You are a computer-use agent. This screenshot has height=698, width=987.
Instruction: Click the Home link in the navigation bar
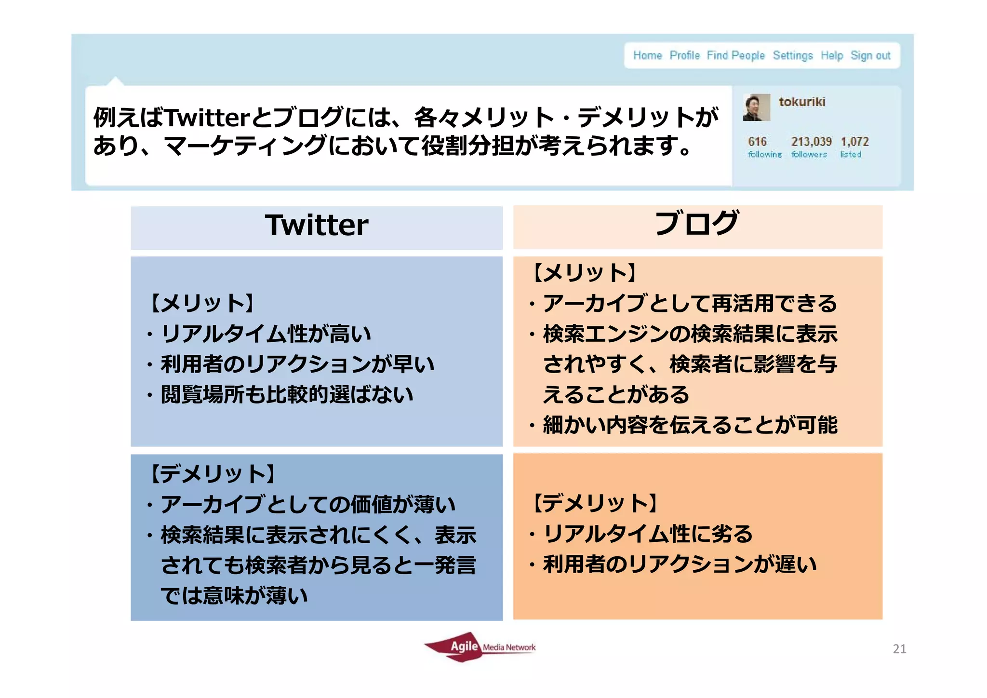647,55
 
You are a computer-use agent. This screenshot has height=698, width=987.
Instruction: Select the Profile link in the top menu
684,55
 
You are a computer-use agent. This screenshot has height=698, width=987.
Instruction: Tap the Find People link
735,55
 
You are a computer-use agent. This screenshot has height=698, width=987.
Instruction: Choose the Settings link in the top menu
792,55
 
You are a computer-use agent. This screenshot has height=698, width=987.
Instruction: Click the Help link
831,55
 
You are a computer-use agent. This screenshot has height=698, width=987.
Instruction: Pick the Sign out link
870,55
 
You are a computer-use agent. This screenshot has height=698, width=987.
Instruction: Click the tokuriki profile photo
756,107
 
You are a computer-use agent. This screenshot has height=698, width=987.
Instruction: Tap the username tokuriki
802,102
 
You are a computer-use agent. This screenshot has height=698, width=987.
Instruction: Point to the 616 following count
757,141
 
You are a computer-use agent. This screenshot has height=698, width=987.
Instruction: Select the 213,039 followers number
811,141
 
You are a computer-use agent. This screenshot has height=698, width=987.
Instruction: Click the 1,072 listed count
854,141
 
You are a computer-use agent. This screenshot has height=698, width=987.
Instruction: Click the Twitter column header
316,225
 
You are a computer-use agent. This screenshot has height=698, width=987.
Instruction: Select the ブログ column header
697,223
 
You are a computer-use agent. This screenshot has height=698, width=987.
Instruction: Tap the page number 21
899,649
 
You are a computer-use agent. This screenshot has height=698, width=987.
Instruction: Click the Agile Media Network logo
480,647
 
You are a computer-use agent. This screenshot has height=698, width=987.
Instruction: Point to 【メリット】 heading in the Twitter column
202,303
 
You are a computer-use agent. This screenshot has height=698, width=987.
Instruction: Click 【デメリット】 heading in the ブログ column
595,503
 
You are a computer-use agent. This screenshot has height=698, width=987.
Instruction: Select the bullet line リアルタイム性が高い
266,334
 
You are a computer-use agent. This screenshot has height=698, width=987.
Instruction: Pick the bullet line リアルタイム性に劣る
647,534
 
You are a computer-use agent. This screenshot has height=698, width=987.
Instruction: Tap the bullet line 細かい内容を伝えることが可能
690,425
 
